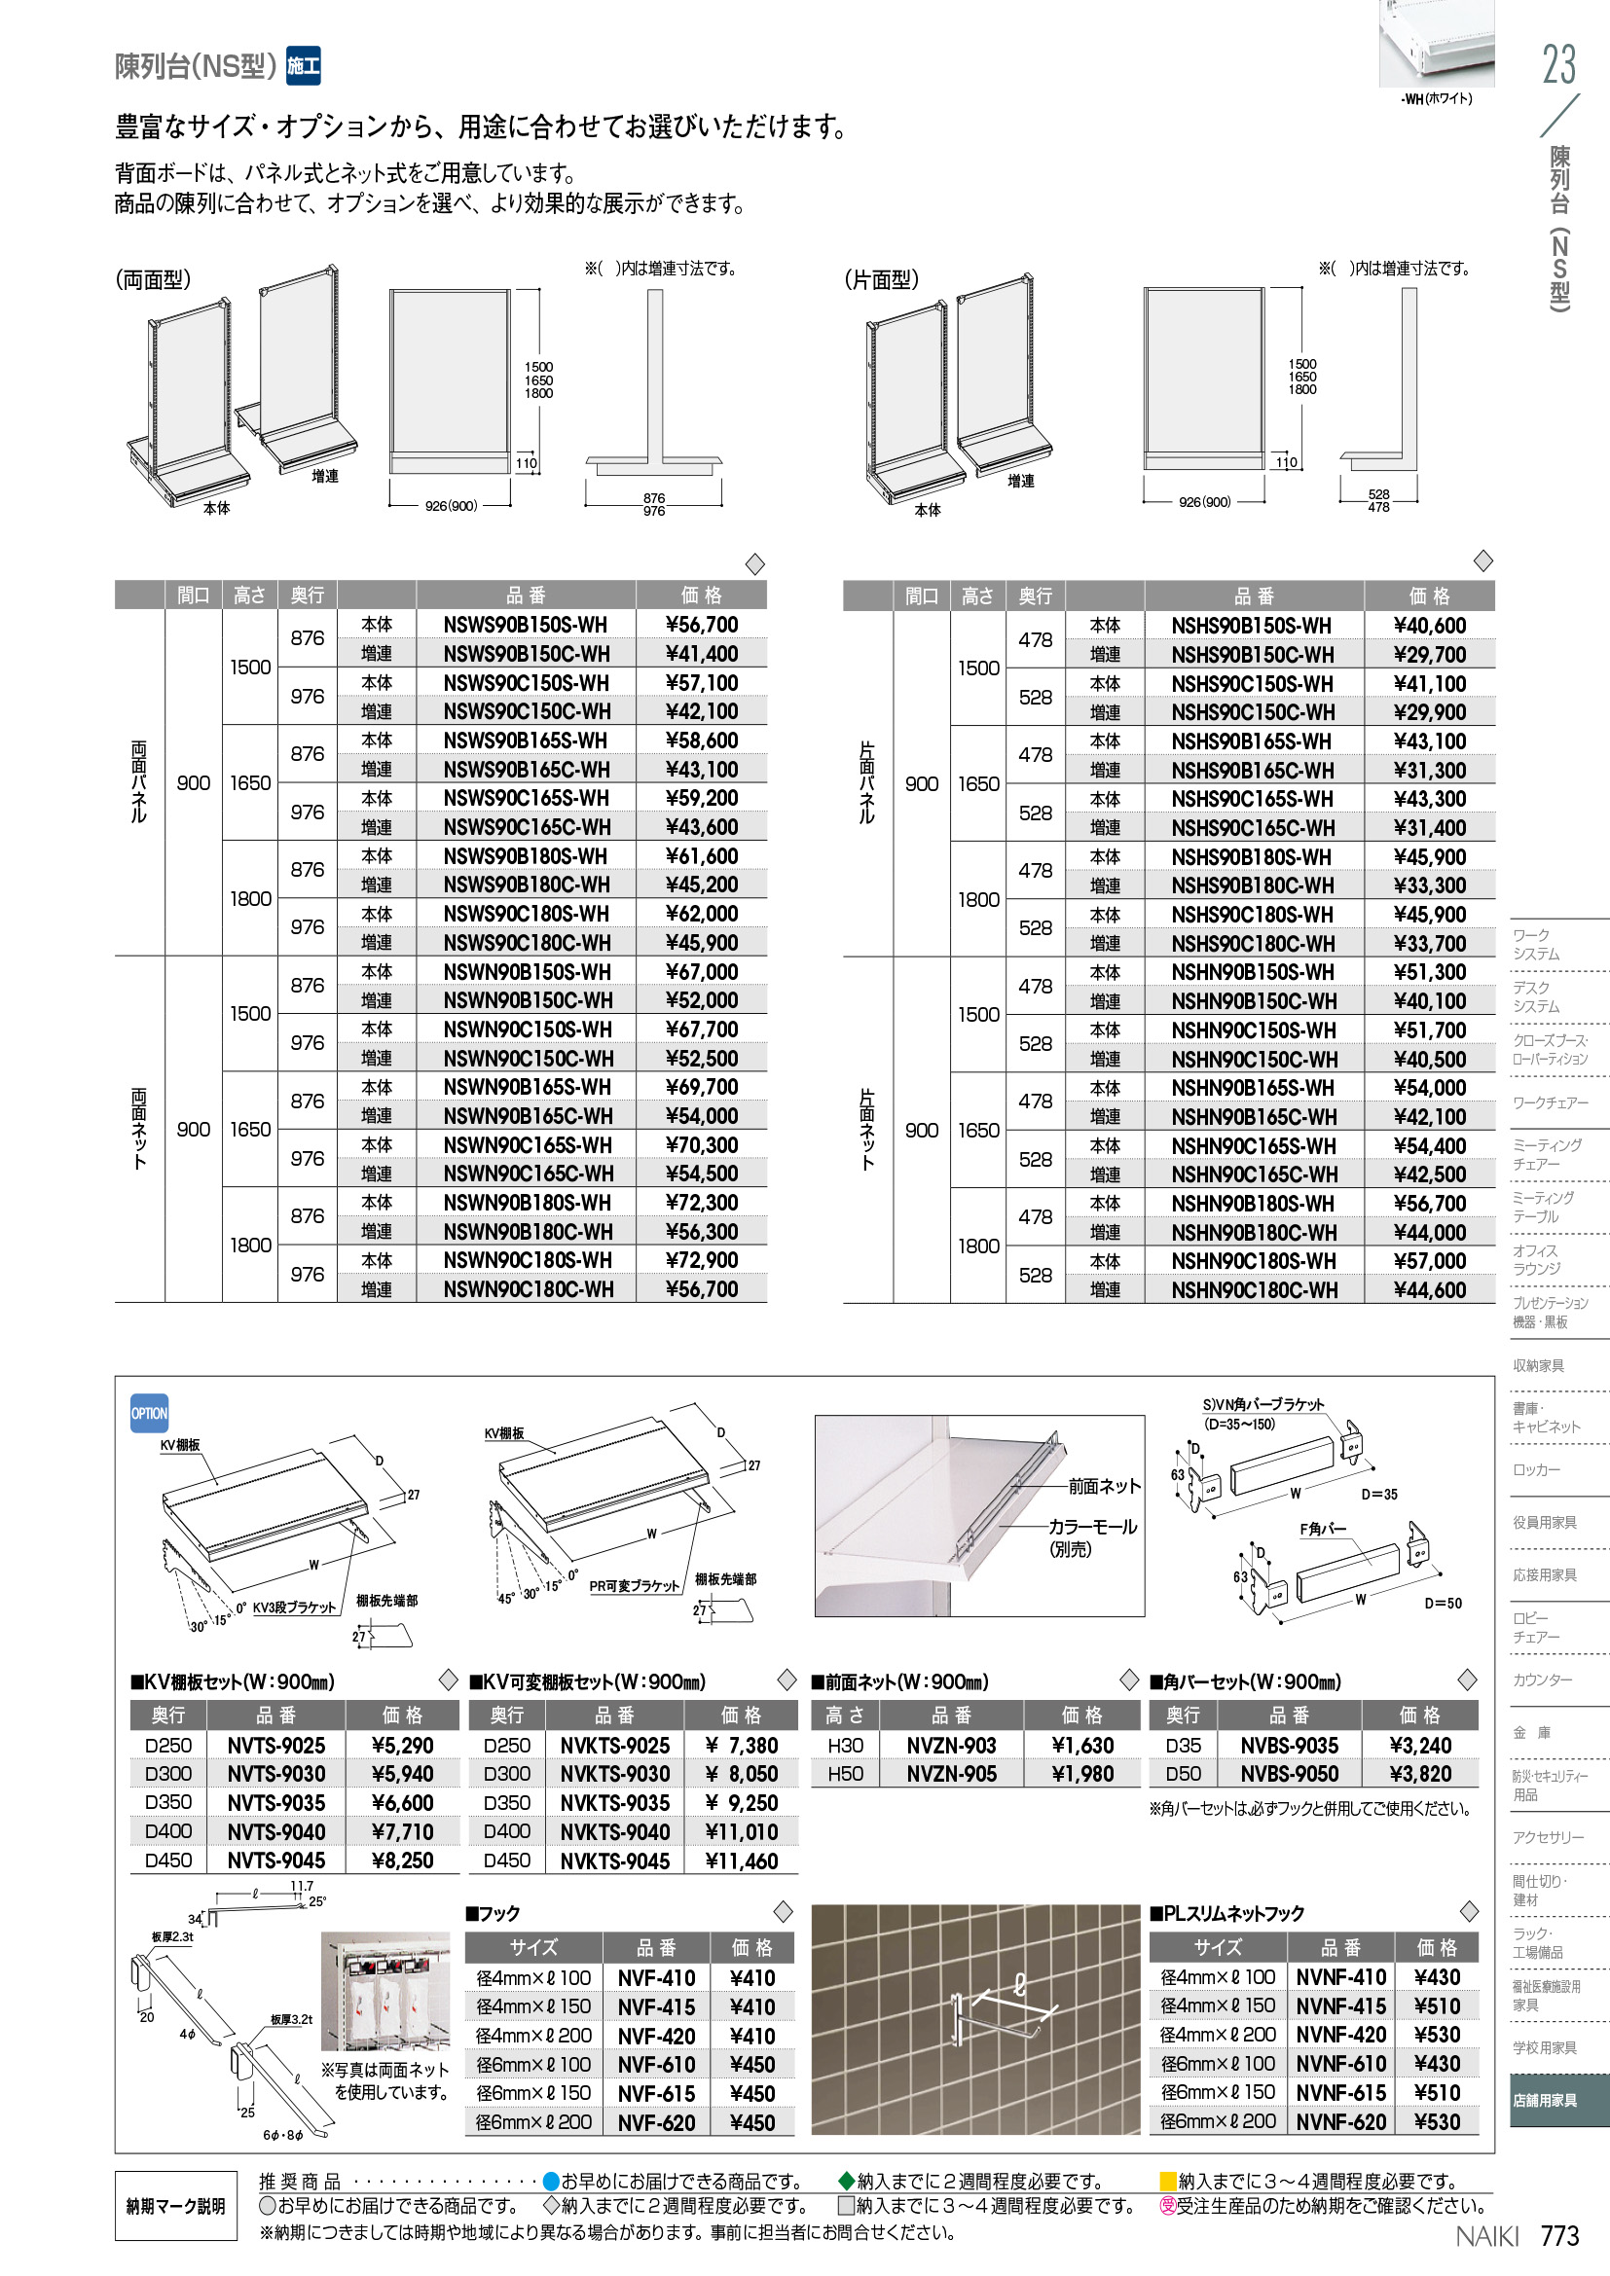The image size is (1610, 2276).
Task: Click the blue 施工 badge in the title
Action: point(303,66)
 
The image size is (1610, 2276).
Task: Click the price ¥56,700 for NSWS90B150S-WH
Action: point(701,625)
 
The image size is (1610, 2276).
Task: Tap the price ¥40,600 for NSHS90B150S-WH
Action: point(1429,626)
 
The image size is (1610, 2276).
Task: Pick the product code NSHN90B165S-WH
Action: point(1253,1088)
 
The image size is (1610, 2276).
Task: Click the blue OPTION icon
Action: point(150,1414)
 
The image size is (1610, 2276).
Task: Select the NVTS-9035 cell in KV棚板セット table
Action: point(275,1802)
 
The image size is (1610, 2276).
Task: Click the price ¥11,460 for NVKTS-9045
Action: point(741,1861)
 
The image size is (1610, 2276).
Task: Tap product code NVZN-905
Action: point(951,1774)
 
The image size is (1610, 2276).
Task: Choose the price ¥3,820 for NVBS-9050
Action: point(1419,1774)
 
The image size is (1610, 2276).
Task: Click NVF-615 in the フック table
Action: point(655,2094)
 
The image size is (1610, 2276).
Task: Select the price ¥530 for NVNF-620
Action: point(1437,2121)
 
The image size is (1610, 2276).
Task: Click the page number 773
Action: point(1558,2235)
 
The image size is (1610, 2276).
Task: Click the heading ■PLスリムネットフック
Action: point(1226,1913)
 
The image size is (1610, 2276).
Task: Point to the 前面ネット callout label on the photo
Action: point(1105,1486)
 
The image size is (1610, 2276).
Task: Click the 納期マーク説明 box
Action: point(175,2206)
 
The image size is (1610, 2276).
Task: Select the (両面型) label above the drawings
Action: point(153,279)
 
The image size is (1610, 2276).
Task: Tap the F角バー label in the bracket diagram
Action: point(1323,1529)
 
